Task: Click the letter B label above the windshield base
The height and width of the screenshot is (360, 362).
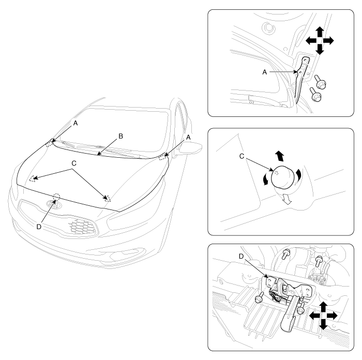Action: [120, 136]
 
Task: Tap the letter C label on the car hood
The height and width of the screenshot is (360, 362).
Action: [74, 163]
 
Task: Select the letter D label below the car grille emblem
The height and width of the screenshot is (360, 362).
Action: [39, 227]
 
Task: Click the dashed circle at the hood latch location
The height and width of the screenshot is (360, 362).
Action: [56, 197]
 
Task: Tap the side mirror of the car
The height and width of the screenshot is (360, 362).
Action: [188, 149]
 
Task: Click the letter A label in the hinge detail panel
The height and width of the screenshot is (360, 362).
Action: [265, 72]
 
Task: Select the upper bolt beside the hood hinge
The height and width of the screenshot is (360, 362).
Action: [320, 82]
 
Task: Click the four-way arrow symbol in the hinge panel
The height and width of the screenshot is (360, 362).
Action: [320, 41]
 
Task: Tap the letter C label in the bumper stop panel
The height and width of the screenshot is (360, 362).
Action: [242, 156]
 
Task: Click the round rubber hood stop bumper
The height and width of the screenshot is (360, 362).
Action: [283, 177]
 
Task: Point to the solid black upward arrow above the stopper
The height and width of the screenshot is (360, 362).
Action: [280, 156]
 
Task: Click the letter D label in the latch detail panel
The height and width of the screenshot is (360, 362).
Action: [242, 257]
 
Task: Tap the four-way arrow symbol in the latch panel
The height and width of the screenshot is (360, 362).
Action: [323, 316]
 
